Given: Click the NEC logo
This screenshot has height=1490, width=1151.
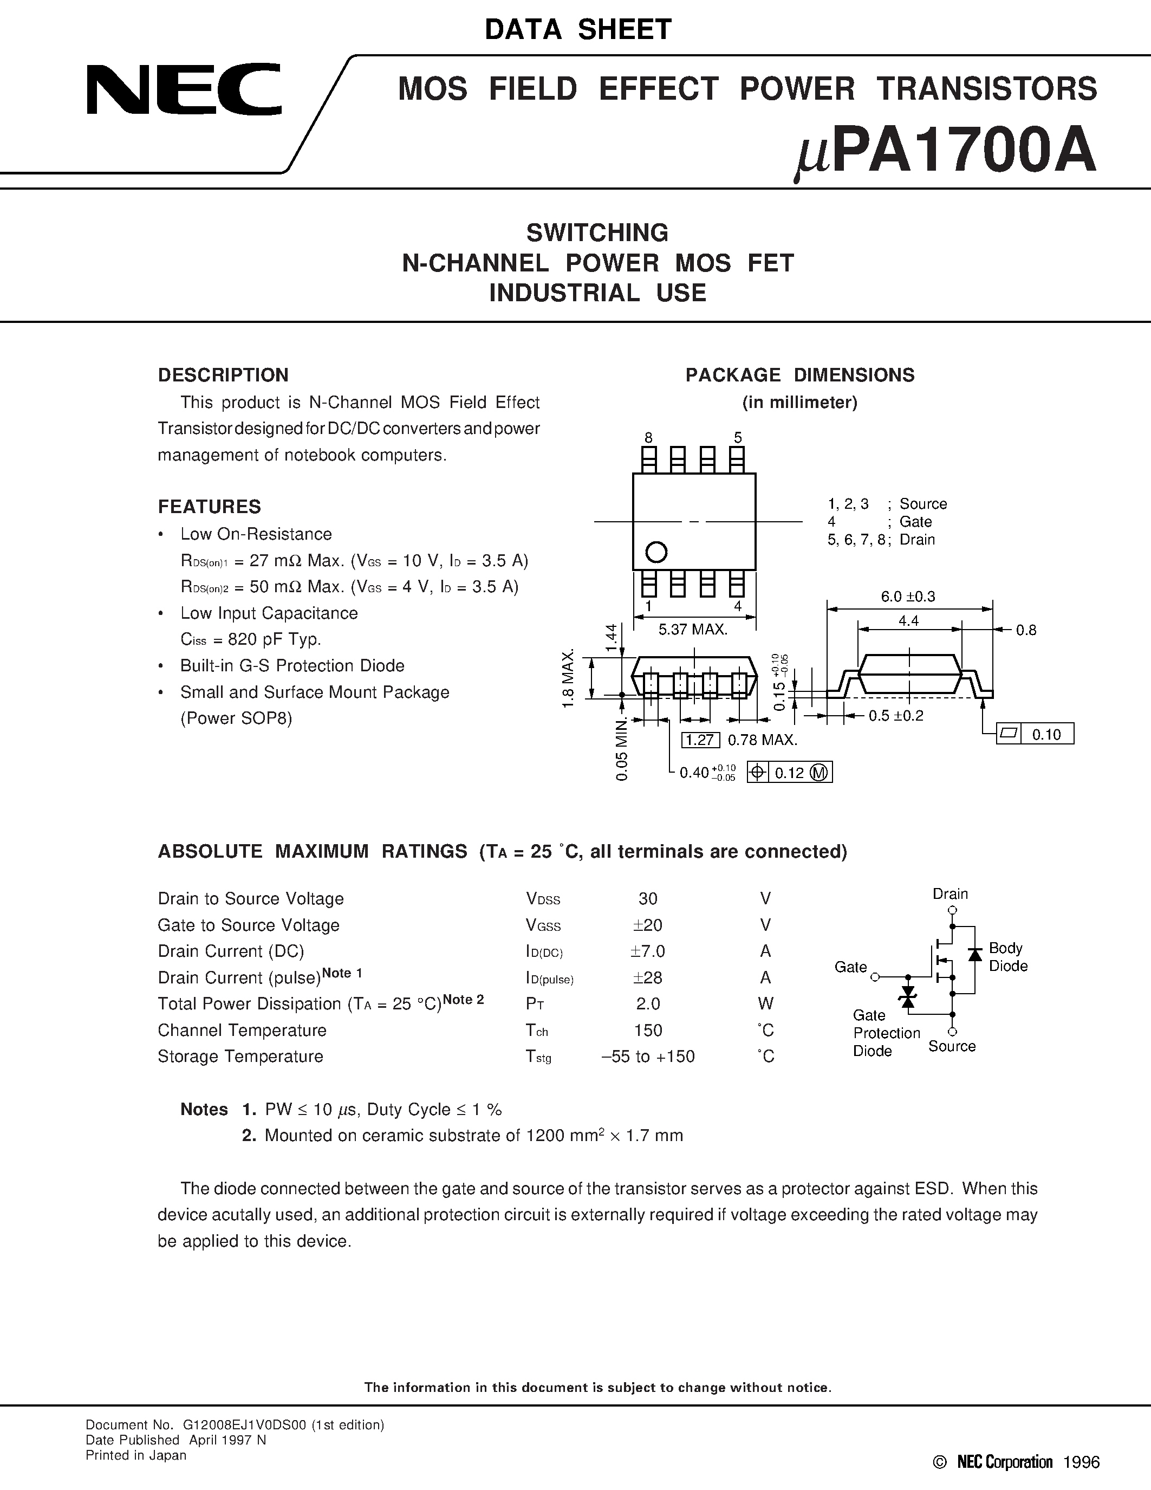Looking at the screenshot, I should [x=184, y=89].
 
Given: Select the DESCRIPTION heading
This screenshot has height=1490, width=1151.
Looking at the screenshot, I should [x=223, y=375].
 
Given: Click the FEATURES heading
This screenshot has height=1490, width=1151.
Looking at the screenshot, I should [x=209, y=507].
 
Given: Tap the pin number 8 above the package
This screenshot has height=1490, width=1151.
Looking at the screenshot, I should [x=648, y=437].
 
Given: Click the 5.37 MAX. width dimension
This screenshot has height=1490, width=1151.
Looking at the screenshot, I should [x=693, y=630].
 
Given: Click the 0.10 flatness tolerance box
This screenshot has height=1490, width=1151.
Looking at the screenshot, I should [x=1046, y=734].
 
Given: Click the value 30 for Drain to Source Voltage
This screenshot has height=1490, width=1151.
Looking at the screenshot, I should [x=647, y=898].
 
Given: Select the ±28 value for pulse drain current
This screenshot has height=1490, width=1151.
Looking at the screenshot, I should [x=647, y=977].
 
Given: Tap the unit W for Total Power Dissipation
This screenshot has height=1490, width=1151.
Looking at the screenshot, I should [x=765, y=1003].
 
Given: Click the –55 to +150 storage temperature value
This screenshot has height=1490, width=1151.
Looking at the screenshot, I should [x=647, y=1057].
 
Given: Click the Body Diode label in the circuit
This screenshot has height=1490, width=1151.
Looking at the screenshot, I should [x=1007, y=956].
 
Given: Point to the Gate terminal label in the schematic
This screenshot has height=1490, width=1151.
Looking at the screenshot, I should [x=850, y=967].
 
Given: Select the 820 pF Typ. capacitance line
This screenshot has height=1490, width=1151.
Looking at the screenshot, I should [x=250, y=639].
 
